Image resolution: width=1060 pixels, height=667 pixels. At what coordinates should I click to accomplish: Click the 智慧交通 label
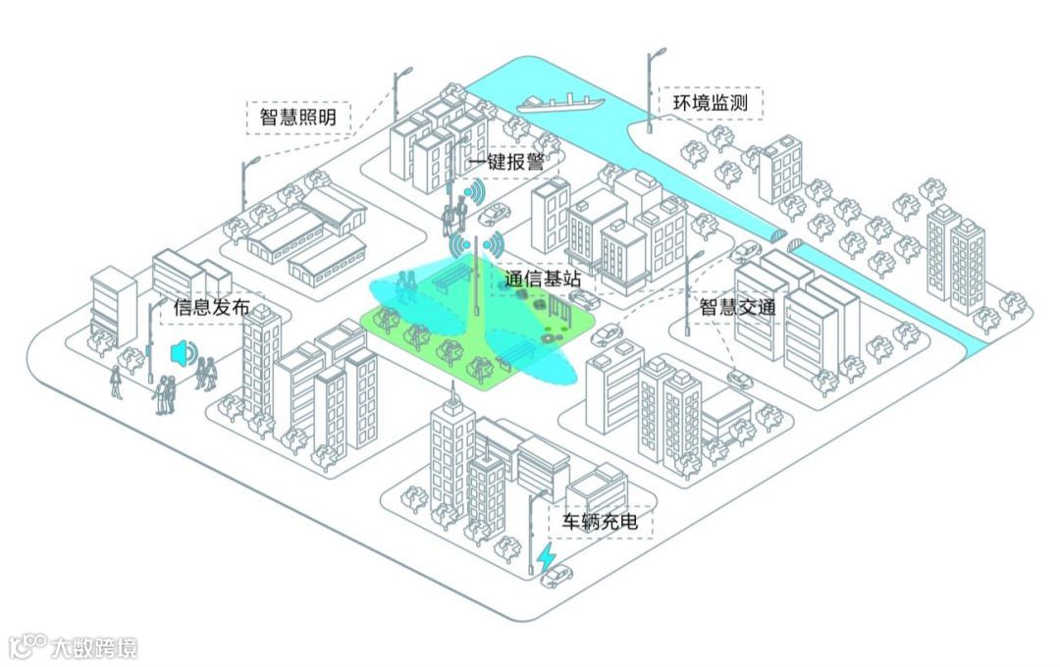pos(737,307)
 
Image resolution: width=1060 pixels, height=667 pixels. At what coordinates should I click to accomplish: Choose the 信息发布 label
pos(211,307)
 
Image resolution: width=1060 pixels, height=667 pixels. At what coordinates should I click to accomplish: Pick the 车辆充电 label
pos(599,521)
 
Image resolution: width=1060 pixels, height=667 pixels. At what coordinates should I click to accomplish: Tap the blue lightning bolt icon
pos(547,556)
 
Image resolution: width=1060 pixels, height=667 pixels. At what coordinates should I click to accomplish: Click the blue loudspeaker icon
pos(181,352)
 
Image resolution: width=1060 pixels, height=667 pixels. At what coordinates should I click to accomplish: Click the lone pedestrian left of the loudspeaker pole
pos(116,381)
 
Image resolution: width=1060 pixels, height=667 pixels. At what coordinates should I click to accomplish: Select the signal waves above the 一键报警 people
pos(474,192)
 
